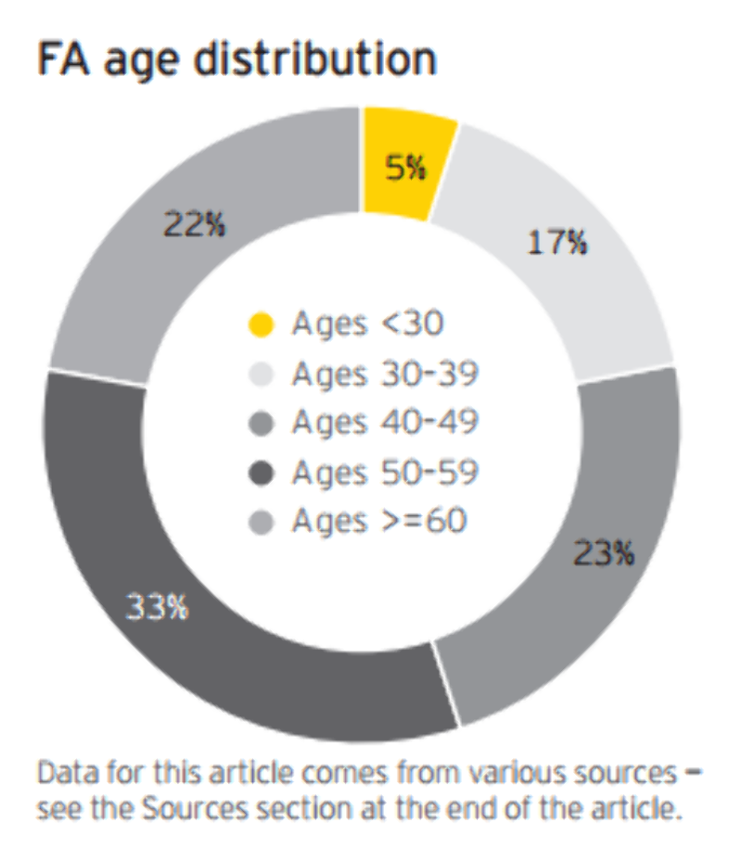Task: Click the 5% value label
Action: click(x=405, y=169)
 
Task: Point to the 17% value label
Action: click(x=557, y=243)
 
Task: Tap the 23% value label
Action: click(x=604, y=553)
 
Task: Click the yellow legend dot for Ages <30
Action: click(x=262, y=324)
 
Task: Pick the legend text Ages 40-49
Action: click(x=385, y=423)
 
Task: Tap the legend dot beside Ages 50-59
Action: click(x=262, y=474)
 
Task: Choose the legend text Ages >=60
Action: click(x=379, y=522)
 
